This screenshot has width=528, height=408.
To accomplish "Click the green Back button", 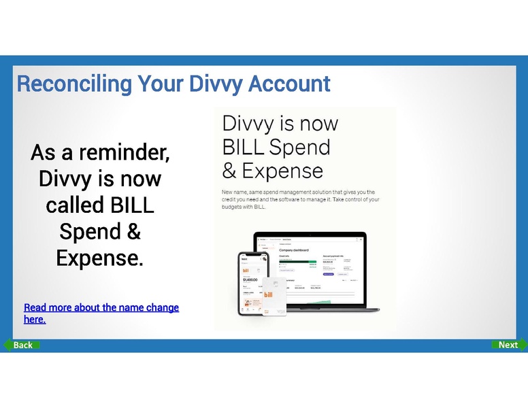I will tap(22, 345).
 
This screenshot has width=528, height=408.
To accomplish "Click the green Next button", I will tap(508, 345).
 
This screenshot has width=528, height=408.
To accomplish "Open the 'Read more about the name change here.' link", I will tap(101, 313).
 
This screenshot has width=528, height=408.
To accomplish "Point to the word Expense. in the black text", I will tap(99, 258).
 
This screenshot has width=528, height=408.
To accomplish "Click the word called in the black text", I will tap(73, 205).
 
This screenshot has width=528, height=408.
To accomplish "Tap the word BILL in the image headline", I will tap(244, 147).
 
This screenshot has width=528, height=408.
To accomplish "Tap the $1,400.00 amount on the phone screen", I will tap(250, 279).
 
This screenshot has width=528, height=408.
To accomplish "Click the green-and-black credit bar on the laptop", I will tap(298, 262).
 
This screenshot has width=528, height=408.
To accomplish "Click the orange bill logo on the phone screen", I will tap(247, 266).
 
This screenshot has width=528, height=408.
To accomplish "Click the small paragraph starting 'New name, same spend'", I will tap(299, 199).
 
